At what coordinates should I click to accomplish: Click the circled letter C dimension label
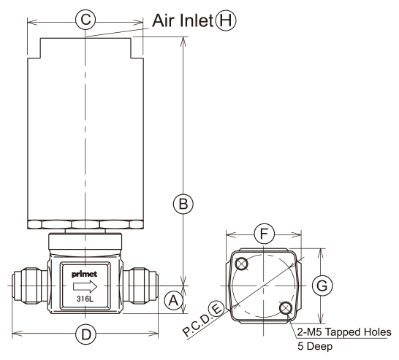pos(85,19)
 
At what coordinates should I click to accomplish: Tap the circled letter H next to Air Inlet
pos(226,20)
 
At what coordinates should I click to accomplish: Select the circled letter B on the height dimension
pos(183,204)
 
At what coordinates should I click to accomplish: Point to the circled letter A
pos(173,301)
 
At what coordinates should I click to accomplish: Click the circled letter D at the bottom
pos(86,334)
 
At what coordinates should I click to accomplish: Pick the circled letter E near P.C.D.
pos(216,310)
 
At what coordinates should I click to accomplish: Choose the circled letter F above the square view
pos(264,234)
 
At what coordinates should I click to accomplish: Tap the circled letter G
pos(322,286)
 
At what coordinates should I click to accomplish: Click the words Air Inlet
pos(183,20)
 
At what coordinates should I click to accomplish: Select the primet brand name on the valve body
pos(84,275)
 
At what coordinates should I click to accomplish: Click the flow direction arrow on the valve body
pos(85,286)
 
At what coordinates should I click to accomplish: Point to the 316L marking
pos(85,299)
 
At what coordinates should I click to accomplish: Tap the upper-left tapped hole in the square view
pos(242,264)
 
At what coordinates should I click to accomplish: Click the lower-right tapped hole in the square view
pos(285,308)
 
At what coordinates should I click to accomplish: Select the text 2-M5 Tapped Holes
pos(344,332)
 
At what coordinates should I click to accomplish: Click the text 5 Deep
pos(315,346)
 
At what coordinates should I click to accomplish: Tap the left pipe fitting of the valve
pos(29,286)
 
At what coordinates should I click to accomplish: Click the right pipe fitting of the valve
pos(141,286)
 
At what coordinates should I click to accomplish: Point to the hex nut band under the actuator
pos(85,224)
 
